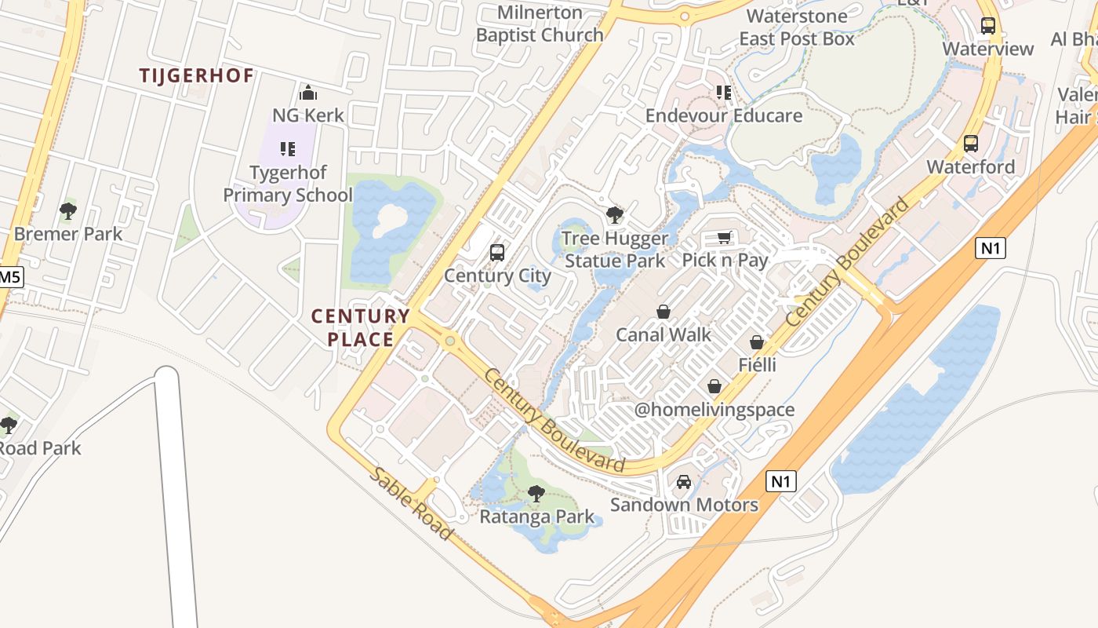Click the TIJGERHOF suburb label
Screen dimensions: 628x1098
(196, 75)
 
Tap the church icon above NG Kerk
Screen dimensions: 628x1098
(308, 93)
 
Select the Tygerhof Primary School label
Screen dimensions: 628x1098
(288, 184)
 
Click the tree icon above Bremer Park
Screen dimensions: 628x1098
(68, 210)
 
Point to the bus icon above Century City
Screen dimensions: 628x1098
(497, 253)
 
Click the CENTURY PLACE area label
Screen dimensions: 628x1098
(361, 327)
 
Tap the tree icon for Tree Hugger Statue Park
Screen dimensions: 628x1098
(615, 214)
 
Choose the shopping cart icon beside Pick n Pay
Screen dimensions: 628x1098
(725, 237)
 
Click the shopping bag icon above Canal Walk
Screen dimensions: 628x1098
(664, 312)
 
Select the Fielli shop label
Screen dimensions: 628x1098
(757, 364)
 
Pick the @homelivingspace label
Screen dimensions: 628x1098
(714, 409)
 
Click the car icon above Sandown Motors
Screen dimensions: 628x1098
(684, 481)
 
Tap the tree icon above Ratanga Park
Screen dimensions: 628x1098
(536, 494)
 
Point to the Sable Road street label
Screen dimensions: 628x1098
(412, 503)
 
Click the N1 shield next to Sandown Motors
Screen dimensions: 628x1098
(780, 480)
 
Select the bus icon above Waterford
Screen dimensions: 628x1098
(971, 144)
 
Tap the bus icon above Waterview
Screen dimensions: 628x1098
(988, 26)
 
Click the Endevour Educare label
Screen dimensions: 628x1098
(723, 115)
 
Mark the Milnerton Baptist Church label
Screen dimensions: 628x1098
(540, 24)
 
